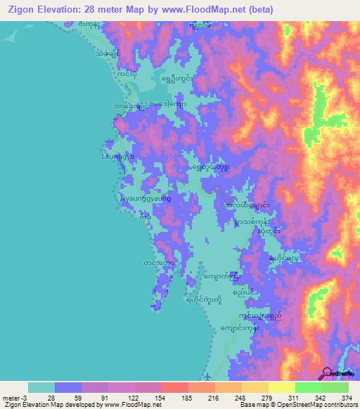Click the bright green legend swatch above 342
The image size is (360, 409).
309,387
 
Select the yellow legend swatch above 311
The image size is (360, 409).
282,387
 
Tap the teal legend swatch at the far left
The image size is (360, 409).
41,387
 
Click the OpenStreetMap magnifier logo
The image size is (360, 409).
328,374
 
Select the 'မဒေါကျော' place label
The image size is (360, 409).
168,104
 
